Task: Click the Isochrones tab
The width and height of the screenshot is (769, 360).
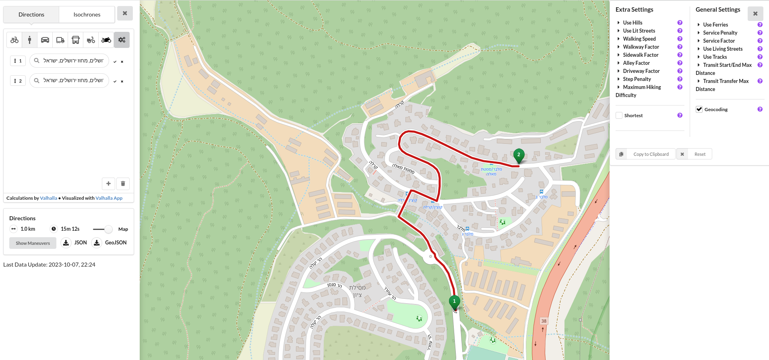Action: [x=87, y=14]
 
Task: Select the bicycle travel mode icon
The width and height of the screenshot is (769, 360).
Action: [x=14, y=40]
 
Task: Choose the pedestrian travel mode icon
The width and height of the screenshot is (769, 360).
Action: [x=29, y=40]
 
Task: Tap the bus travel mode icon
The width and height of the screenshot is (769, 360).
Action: [x=75, y=40]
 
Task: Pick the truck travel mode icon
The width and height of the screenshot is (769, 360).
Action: [x=60, y=40]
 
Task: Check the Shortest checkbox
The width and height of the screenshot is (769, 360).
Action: [x=619, y=116]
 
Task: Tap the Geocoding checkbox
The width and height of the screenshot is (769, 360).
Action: [x=699, y=110]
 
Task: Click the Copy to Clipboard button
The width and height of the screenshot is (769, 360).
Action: [x=646, y=154]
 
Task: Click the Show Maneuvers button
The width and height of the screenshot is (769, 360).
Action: [x=33, y=243]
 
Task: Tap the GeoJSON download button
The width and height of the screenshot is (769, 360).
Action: [x=110, y=243]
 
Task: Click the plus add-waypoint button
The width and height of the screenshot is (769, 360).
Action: [x=108, y=184]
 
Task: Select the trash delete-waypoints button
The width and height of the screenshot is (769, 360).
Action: [x=123, y=184]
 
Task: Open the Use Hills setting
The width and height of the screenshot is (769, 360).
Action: [x=633, y=23]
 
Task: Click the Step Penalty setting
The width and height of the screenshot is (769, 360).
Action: [x=637, y=79]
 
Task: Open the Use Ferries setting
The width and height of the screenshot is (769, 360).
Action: [x=715, y=25]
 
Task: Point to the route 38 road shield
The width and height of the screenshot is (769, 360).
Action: [x=544, y=321]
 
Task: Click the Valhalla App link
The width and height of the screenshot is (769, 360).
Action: [x=109, y=198]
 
